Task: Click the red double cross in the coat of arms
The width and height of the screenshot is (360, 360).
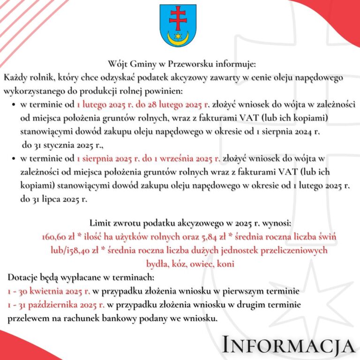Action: tap(178, 19)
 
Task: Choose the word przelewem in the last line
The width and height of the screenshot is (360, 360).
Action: tap(28, 318)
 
